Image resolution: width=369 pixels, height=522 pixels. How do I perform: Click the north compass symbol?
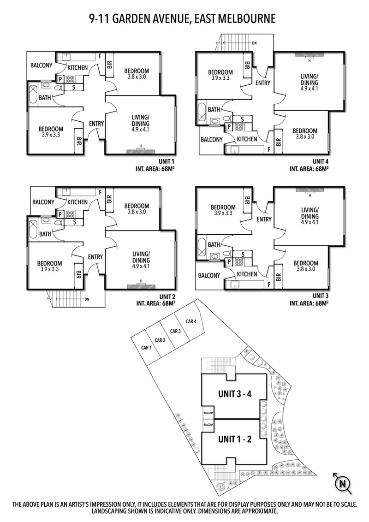tap(342, 483)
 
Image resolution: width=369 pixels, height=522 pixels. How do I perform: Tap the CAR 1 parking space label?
tap(146, 348)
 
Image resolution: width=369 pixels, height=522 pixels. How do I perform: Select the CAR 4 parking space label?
tap(191, 321)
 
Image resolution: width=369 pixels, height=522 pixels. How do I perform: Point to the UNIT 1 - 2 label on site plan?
tap(235, 439)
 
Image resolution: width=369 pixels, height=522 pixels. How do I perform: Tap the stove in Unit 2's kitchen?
tap(71, 214)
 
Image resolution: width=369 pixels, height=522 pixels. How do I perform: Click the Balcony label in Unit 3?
tap(208, 275)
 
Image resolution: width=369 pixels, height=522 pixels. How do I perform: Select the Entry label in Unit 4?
tap(263, 83)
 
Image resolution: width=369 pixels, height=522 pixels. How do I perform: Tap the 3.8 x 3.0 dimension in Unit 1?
tap(136, 77)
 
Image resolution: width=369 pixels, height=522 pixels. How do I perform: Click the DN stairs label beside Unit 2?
tap(87, 299)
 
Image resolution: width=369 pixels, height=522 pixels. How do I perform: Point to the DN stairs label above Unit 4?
tap(254, 43)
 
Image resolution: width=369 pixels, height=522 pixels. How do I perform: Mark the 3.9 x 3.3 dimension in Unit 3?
tap(223, 214)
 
